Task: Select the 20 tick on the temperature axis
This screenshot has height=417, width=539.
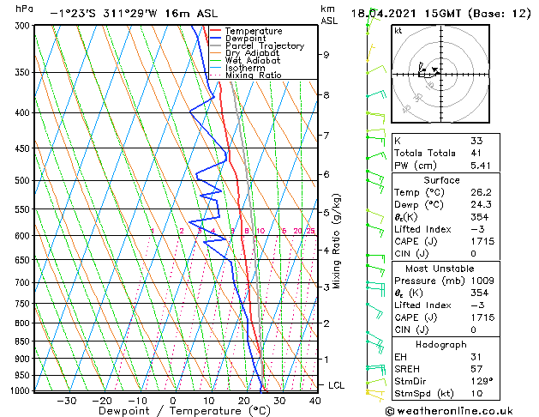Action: coord(243,400)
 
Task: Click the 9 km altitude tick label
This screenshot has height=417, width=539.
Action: coord(326,55)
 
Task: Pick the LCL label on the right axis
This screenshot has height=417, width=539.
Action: coord(336,386)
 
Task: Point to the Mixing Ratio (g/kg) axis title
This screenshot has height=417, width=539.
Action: coord(338,240)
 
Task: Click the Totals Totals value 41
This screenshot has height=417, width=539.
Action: coord(476,153)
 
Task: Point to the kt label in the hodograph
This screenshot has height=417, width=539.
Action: coord(398,30)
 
